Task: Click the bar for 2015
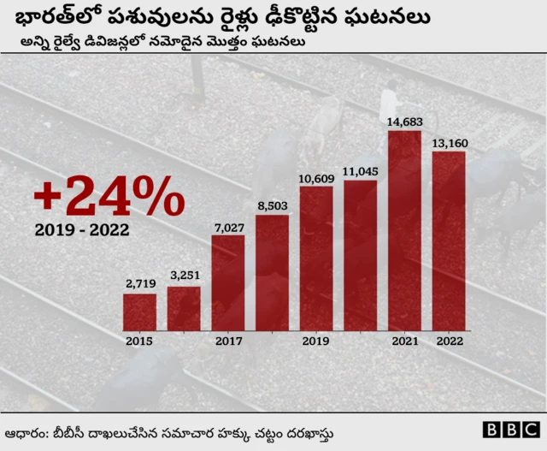pos(139,312)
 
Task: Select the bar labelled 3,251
pos(184,308)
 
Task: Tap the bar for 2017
pos(228,282)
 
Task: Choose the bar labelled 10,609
pos(316,258)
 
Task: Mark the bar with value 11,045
pos(360,255)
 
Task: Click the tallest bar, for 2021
pos(404,230)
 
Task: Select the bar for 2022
pos(449,240)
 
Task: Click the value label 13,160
pos(450,142)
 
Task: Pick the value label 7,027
pos(228,226)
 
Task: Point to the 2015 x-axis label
pos(139,341)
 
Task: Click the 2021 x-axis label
pos(404,341)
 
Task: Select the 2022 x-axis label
pos(449,341)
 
